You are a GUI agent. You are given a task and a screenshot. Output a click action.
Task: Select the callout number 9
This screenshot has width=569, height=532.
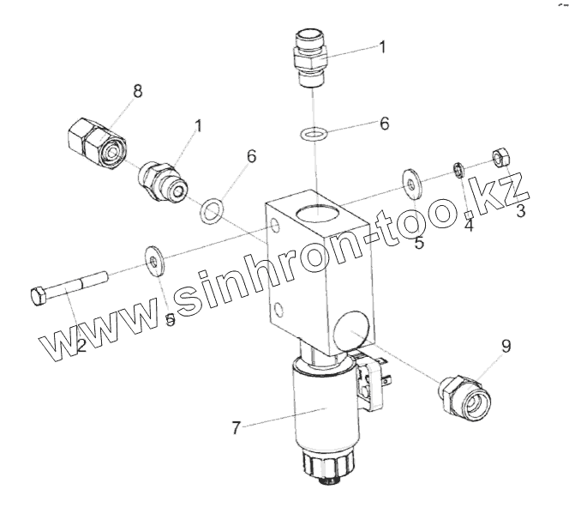click(x=506, y=347)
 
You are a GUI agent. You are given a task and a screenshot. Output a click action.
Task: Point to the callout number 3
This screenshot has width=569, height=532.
click(x=519, y=211)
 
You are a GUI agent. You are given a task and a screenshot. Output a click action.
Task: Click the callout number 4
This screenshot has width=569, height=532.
click(x=468, y=225)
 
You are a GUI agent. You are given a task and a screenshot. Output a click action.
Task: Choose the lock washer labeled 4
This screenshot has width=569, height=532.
click(x=458, y=170)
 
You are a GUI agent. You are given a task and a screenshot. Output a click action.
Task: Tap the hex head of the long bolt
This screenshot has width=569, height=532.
click(x=38, y=299)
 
